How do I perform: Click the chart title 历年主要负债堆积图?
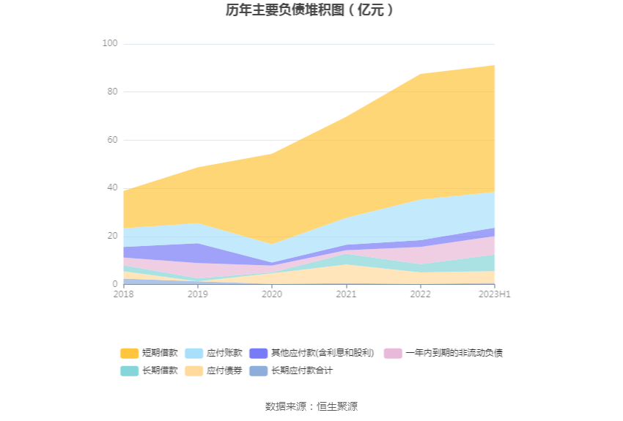(x=311, y=10)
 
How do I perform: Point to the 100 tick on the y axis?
(x=110, y=44)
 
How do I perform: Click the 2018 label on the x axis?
(x=124, y=294)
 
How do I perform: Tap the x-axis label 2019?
(x=198, y=294)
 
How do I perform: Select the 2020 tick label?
(x=272, y=294)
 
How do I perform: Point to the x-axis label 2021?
(x=346, y=294)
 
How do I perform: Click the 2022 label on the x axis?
(x=420, y=294)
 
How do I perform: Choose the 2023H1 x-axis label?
(x=494, y=294)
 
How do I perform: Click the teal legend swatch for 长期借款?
(x=129, y=370)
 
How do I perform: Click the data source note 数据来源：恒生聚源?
(x=311, y=406)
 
